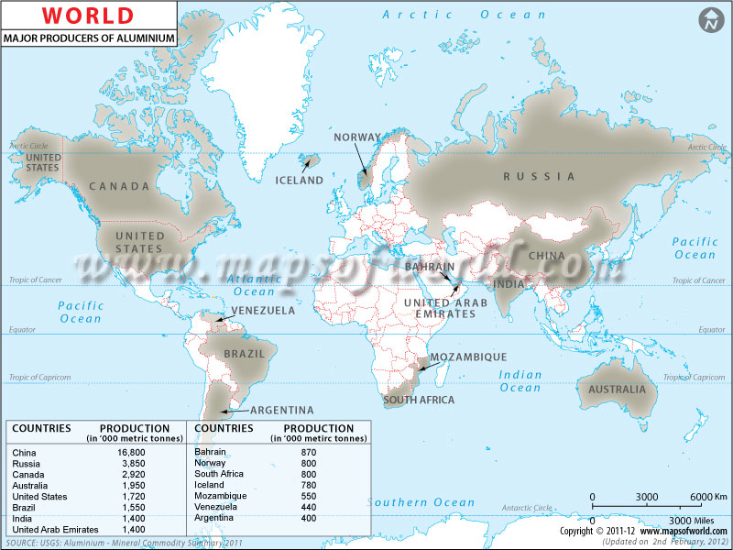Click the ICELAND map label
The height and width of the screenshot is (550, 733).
[300, 181]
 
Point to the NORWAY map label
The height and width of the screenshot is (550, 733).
[356, 137]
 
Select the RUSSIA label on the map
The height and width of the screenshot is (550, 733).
[539, 176]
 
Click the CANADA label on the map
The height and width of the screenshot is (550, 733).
[119, 186]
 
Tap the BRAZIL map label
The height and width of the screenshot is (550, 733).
[244, 354]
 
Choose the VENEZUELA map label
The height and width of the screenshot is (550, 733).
[263, 311]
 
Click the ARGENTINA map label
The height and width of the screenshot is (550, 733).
[282, 410]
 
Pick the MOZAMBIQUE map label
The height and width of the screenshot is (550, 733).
[469, 357]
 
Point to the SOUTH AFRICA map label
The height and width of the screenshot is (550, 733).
[419, 400]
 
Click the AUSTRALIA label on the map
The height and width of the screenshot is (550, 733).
[618, 390]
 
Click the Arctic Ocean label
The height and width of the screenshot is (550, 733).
[464, 15]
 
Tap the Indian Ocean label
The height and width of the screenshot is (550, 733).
[520, 381]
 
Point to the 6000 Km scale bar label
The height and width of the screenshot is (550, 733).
[707, 496]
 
